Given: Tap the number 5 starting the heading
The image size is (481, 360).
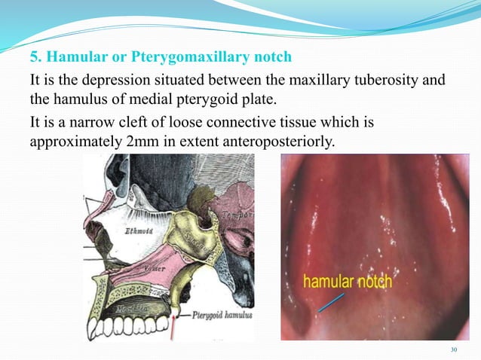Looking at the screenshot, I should click(33, 57).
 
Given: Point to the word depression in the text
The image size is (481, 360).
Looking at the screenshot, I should click(114, 81).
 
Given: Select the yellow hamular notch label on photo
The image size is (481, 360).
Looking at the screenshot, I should click(348, 282).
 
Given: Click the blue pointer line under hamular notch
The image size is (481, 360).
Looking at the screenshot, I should click(329, 301).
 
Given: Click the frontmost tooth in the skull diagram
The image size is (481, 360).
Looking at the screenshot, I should click(93, 329).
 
